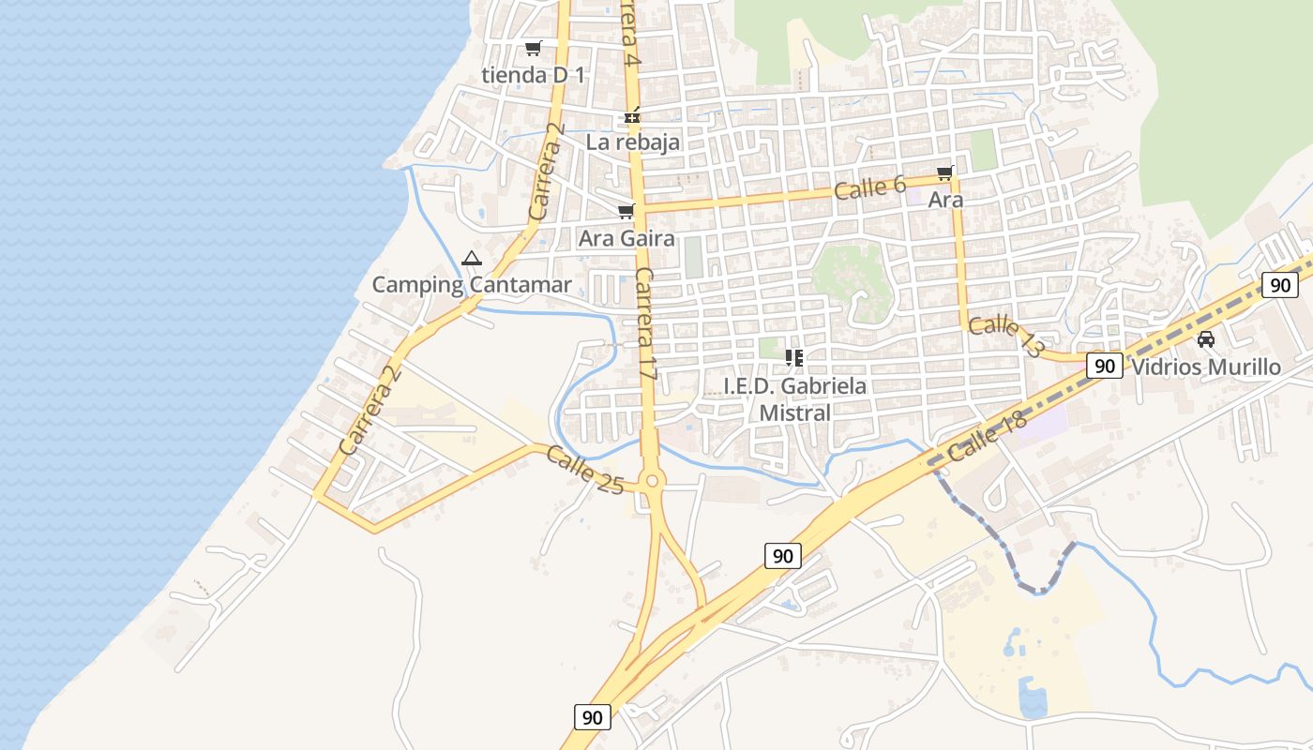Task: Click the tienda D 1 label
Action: click(x=533, y=75)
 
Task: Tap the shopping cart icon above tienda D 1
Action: click(x=533, y=48)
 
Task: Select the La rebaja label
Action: click(x=632, y=142)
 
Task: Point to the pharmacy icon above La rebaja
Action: click(x=633, y=116)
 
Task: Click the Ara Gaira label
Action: click(x=626, y=238)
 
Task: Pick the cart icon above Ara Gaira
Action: click(x=626, y=211)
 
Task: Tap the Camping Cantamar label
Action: click(x=472, y=284)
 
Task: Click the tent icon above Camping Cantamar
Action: click(x=472, y=258)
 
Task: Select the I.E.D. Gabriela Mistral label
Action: click(x=795, y=398)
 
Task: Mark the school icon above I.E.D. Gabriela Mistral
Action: click(x=795, y=357)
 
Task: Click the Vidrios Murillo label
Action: click(x=1206, y=367)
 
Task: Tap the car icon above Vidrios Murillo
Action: click(x=1206, y=338)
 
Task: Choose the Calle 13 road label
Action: click(x=1005, y=337)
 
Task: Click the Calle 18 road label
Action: click(x=988, y=437)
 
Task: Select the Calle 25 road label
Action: click(x=584, y=470)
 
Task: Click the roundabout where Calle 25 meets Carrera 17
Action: click(x=655, y=480)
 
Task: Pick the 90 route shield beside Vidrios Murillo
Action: click(x=1105, y=366)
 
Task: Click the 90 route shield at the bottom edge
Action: click(x=592, y=717)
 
